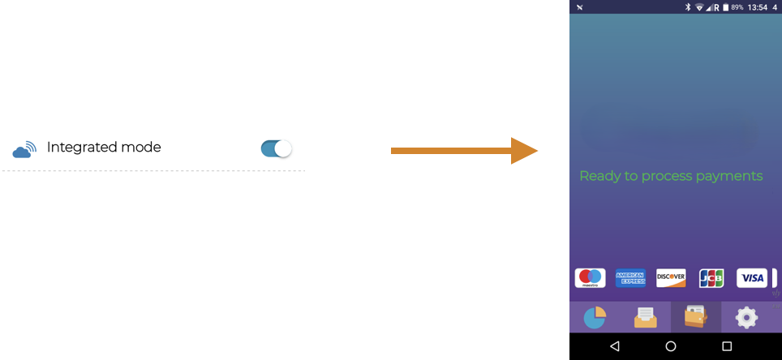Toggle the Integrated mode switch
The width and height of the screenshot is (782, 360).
pyautogui.click(x=276, y=148)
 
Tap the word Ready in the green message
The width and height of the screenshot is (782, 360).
pyautogui.click(x=598, y=176)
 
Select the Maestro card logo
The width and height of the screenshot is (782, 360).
pyautogui.click(x=590, y=278)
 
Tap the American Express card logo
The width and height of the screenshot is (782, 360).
pyautogui.click(x=630, y=278)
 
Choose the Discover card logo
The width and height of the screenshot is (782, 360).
pyautogui.click(x=671, y=278)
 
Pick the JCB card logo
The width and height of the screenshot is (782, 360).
pyautogui.click(x=711, y=278)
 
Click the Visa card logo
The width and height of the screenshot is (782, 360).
pyautogui.click(x=752, y=278)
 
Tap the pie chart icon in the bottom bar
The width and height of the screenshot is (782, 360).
pyautogui.click(x=595, y=318)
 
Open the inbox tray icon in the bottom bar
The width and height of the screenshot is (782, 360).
pyautogui.click(x=646, y=318)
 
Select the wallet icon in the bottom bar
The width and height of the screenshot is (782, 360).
pyautogui.click(x=695, y=317)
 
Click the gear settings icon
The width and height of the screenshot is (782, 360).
pyautogui.click(x=746, y=318)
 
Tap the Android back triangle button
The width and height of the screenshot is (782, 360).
pyautogui.click(x=614, y=346)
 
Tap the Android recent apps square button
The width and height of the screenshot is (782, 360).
pyautogui.click(x=727, y=346)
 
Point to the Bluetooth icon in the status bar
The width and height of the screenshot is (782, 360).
pyautogui.click(x=686, y=6)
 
